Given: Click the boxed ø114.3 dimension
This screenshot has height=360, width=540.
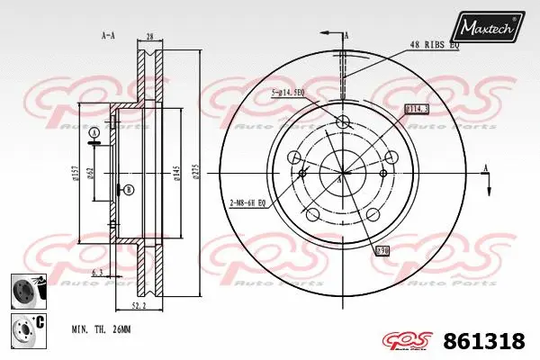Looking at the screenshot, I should pyautogui.click(x=417, y=109).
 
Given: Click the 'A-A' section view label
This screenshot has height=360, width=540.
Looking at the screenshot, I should pyautogui.click(x=109, y=35).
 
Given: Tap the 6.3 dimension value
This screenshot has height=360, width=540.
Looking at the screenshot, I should pyautogui.click(x=95, y=270).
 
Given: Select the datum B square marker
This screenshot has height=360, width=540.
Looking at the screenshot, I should pyautogui.click(x=129, y=189).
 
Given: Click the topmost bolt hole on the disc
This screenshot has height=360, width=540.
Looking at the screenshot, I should pyautogui.click(x=342, y=123).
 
